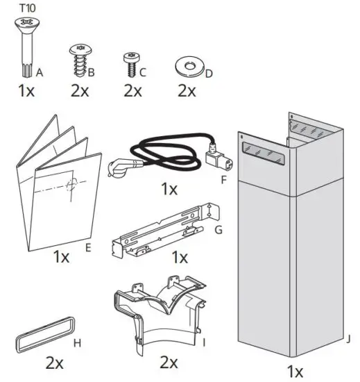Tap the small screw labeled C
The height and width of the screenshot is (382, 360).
coord(130,63)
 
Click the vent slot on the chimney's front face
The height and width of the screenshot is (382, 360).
coord(264,152)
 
